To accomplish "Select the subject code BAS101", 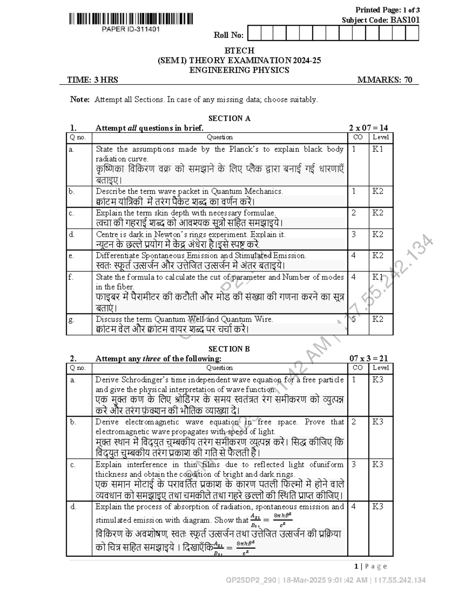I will tap(405, 20).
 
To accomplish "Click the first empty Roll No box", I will tap(254, 34).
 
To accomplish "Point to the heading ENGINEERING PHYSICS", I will tap(239, 70).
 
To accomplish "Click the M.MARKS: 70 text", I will tap(385, 80).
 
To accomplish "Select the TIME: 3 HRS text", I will tap(93, 80).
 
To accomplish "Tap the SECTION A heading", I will tap(229, 119).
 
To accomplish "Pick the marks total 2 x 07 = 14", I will tap(368, 128).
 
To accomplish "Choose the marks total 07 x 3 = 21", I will tap(368, 358).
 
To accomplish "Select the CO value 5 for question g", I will tap(354, 319).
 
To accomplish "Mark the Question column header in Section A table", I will tap(220, 137).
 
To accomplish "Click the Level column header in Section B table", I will tap(381, 368).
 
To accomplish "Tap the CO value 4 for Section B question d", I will tap(353, 507).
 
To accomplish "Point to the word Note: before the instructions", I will tap(80, 99).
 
